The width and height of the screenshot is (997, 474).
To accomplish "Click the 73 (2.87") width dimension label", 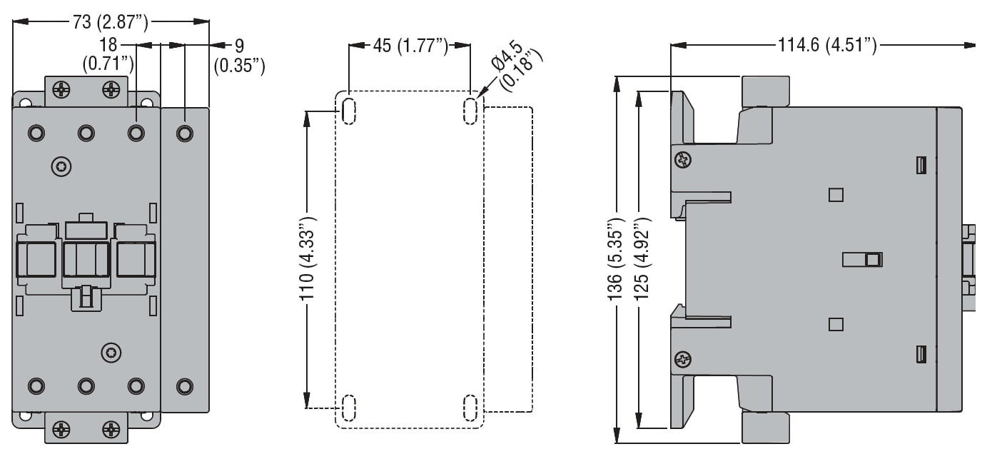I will pyautogui.click(x=110, y=22).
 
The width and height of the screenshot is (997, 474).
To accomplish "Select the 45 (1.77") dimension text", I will pyautogui.click(x=410, y=46).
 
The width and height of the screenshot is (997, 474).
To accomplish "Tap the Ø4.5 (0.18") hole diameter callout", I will pyautogui.click(x=519, y=66).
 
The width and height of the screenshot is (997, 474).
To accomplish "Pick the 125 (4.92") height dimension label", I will pyautogui.click(x=641, y=261).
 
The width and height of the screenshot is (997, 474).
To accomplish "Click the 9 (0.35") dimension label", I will pyautogui.click(x=239, y=56).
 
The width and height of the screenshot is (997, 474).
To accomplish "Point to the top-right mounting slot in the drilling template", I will pyautogui.click(x=470, y=110).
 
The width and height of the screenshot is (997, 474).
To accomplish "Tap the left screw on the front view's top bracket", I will pyautogui.click(x=63, y=90).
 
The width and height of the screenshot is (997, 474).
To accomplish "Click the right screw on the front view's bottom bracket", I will pyautogui.click(x=111, y=430).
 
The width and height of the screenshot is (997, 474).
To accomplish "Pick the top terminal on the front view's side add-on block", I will pyautogui.click(x=184, y=133).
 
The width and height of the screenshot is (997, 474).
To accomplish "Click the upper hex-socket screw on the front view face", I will pyautogui.click(x=61, y=167).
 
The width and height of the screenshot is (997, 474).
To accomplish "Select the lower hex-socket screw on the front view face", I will pyautogui.click(x=111, y=351).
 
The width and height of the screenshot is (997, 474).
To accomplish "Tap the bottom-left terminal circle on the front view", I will pyautogui.click(x=36, y=386).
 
